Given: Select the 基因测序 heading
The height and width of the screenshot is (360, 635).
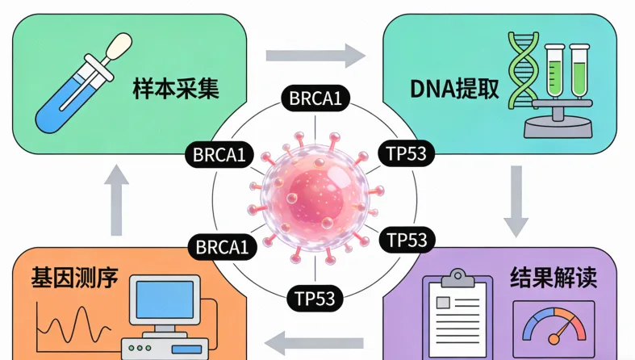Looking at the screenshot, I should pos(74,279).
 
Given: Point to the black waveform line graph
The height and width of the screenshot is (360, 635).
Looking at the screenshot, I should pos(72,324).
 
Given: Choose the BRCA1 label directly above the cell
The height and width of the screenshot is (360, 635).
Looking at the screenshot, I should pos(315,99).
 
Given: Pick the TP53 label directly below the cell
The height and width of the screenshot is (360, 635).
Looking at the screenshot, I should pos(315,297).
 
